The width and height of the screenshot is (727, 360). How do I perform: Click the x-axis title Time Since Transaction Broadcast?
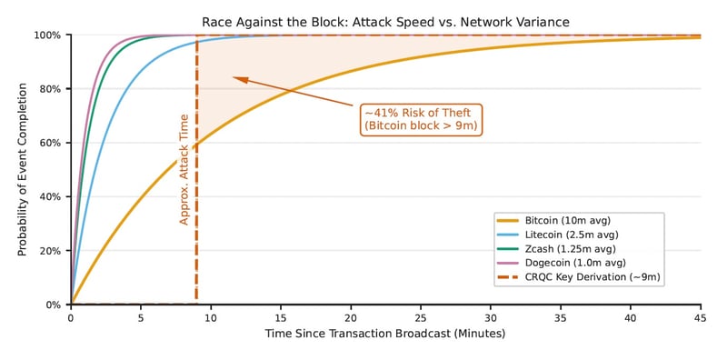coord(385,335)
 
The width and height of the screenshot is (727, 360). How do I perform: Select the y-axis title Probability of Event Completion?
coord(23,170)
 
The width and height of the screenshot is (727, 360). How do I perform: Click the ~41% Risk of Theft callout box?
coord(422,118)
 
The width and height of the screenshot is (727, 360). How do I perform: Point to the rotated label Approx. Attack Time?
coord(184,170)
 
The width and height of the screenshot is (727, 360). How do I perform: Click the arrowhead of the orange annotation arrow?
coord(235,78)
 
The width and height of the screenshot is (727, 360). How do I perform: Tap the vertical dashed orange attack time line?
coord(196,227)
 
